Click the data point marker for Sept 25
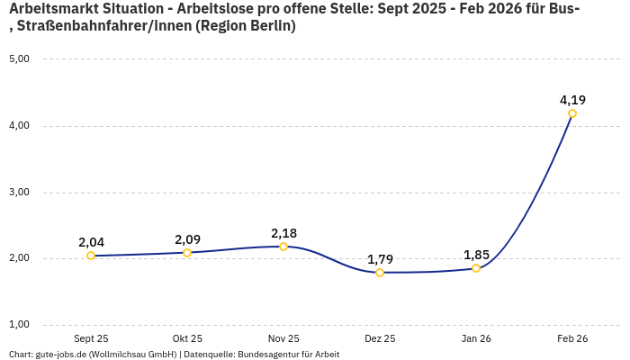tap(91, 256)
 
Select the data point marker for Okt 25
tap(187, 253)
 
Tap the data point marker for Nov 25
tap(283, 247)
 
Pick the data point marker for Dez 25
tap(380, 273)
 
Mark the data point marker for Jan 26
tap(476, 268)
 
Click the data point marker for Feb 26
tap(572, 113)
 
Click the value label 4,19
tap(572, 100)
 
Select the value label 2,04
tap(91, 242)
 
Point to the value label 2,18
tap(283, 233)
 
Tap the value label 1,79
tap(380, 259)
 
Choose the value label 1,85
tap(476, 255)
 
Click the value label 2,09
tap(187, 239)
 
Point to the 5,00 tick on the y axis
tap(19, 59)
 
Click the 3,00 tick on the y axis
tap(19, 193)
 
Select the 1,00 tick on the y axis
tap(19, 325)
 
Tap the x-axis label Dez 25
tap(380, 338)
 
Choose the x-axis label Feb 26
tap(572, 338)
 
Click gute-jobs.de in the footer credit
tap(62, 355)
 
